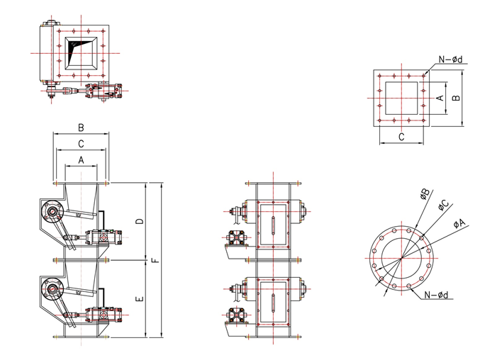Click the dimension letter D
140,221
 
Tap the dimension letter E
140,299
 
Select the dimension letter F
155,260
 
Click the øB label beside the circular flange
425,194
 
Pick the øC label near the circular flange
443,205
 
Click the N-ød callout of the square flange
450,60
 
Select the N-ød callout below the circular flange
436,295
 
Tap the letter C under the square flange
401,137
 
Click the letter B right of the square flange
457,97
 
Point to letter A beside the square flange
440,97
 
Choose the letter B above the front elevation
81,128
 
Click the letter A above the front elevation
81,159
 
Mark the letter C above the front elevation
81,144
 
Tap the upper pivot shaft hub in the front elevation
52,211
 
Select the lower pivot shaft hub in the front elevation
52,288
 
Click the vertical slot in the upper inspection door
273,226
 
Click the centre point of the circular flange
401,258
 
